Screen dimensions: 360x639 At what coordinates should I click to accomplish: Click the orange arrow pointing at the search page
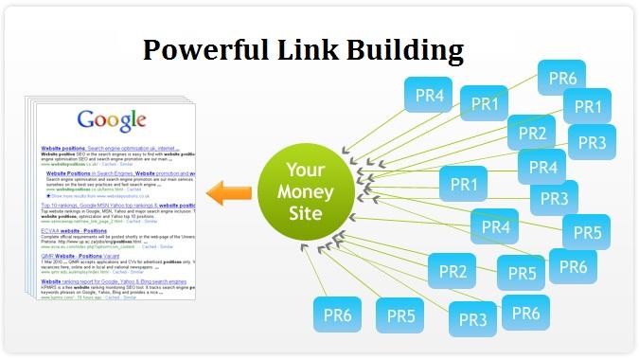tap(230, 194)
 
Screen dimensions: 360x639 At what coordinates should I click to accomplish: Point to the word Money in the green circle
tap(307, 192)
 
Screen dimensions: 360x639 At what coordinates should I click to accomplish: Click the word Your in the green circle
tap(307, 171)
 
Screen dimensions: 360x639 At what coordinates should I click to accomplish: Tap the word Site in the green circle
tap(307, 213)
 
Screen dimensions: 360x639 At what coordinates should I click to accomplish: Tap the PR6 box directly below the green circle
tap(338, 315)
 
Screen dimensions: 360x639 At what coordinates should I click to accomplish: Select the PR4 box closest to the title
tap(428, 95)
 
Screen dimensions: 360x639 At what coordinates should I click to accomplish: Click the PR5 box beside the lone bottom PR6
tap(400, 315)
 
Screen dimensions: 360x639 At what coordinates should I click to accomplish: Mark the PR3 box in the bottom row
tap(473, 319)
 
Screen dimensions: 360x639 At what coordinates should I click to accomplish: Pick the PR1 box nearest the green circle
tap(464, 184)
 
